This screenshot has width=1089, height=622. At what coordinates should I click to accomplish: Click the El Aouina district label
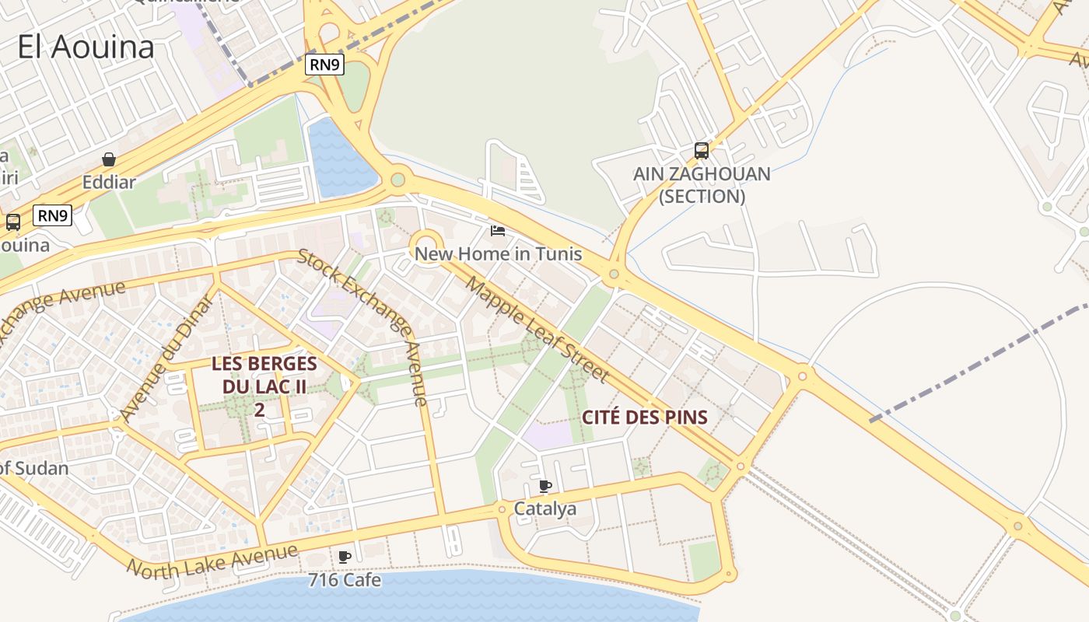[x=86, y=47]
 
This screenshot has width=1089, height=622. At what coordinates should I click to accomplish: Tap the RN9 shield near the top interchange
[x=324, y=65]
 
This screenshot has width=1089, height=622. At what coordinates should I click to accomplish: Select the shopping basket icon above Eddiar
[x=109, y=160]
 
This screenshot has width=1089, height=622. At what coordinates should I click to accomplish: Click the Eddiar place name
[x=109, y=183]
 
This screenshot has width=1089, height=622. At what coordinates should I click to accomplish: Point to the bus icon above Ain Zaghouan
[x=702, y=151]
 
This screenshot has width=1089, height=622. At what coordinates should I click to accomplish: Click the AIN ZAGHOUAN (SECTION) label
[x=702, y=185]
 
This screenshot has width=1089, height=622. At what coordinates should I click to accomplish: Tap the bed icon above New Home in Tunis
[x=498, y=231]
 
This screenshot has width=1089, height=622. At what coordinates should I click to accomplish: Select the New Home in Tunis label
[x=498, y=253]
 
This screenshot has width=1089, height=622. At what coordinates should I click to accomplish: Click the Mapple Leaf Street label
[x=537, y=329]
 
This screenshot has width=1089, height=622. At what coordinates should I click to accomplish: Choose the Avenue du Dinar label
[x=167, y=358]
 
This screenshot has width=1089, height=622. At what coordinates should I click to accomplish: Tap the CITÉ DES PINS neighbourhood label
[x=645, y=418]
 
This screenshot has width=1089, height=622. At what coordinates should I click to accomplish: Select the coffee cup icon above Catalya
[x=545, y=487]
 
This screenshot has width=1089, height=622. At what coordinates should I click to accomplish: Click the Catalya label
[x=545, y=509]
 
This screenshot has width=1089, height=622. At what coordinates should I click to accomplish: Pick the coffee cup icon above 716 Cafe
[x=345, y=557]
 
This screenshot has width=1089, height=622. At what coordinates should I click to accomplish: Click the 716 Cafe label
[x=345, y=580]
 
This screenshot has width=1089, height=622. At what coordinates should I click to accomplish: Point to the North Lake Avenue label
[x=212, y=561]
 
